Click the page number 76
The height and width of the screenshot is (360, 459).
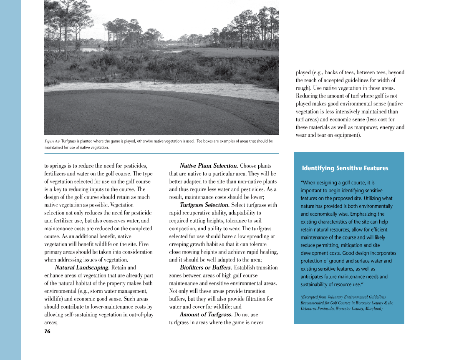tap(47, 331)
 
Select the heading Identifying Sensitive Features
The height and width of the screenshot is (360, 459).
tap(345, 168)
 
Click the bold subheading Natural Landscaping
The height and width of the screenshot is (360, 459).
tap(82, 267)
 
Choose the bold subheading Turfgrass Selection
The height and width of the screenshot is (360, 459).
tap(204, 205)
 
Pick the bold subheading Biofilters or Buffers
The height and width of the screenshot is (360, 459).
tap(206, 267)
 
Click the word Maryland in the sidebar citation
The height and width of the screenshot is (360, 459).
tap(371, 309)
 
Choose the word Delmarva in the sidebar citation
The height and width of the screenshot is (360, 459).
tap(310, 309)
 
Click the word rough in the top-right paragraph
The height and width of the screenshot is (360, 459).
tap(303, 88)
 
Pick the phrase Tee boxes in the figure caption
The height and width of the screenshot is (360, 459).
tap(205, 141)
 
